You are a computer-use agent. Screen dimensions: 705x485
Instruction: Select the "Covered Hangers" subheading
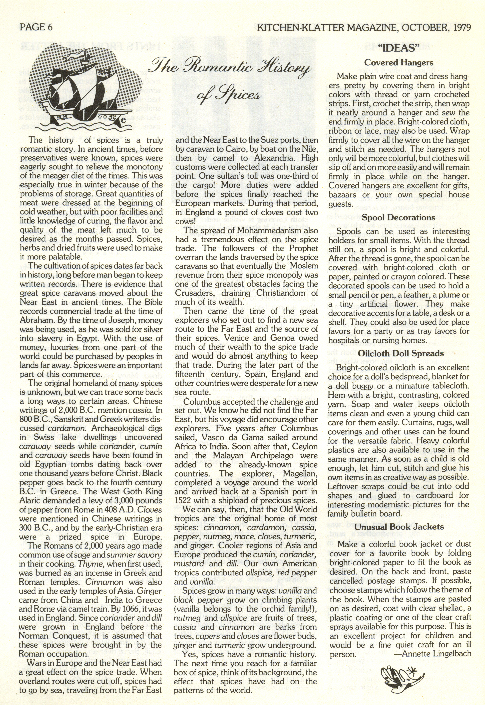[x=399, y=63]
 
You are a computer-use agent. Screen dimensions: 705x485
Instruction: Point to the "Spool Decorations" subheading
[x=399, y=218]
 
